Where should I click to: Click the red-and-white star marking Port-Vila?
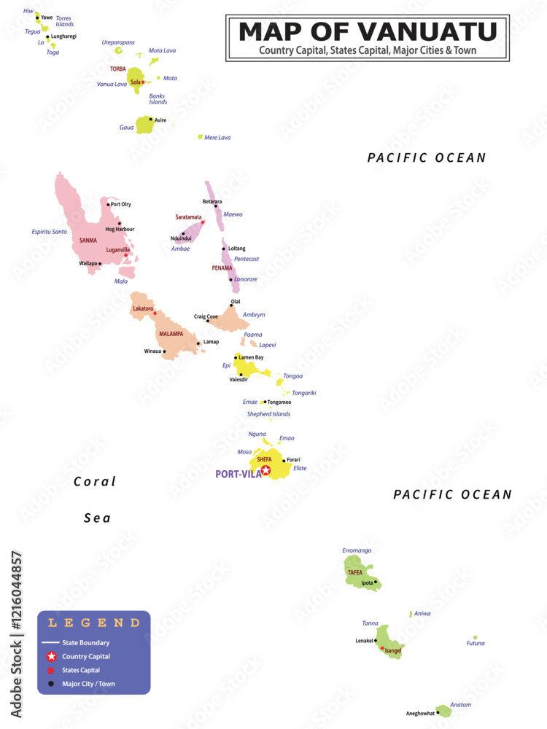[x=265, y=471]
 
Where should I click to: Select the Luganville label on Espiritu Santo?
[x=117, y=249]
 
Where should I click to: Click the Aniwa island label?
[x=422, y=614]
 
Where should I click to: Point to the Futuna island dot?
[x=475, y=637]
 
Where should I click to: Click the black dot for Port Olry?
[x=108, y=204]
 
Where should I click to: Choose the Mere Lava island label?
[x=217, y=137]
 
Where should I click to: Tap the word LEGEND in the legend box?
[x=93, y=623]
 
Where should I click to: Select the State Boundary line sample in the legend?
[x=50, y=643]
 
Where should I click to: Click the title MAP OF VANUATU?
[x=368, y=32]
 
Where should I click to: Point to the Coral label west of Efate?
[x=95, y=482]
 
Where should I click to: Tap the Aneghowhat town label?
[x=420, y=713]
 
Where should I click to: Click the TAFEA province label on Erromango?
[x=355, y=572]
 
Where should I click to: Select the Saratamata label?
[x=188, y=217]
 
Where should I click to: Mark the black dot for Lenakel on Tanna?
[x=376, y=641]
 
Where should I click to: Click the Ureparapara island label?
[x=117, y=42]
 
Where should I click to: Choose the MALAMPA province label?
[x=172, y=334]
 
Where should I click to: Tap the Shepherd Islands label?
[x=268, y=414]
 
